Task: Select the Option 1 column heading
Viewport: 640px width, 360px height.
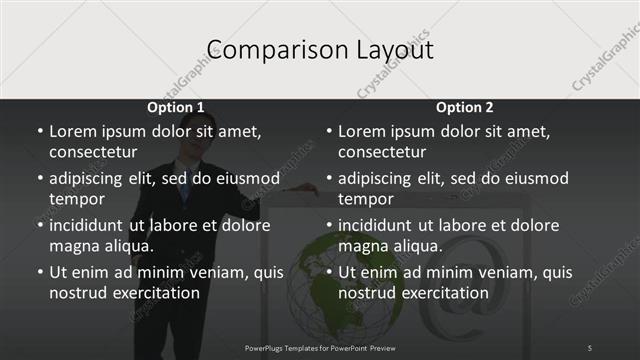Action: (x=176, y=107)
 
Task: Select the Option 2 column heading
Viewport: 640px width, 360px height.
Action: (x=465, y=107)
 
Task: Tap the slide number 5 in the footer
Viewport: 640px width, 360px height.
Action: (x=590, y=347)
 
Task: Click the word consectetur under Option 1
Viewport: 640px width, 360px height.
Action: (x=93, y=152)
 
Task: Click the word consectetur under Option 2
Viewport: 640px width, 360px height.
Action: (x=382, y=152)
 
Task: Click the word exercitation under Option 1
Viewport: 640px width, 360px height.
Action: (x=152, y=293)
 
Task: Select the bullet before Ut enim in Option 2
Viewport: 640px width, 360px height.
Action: (x=329, y=272)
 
